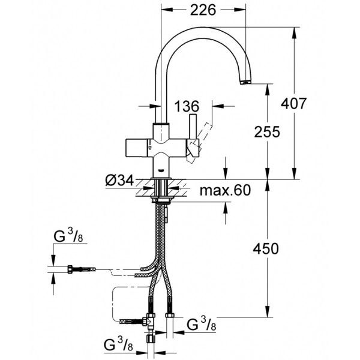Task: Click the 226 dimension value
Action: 203,10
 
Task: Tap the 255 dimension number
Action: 267,133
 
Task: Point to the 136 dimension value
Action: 186,107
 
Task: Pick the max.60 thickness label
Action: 225,191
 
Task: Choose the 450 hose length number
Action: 266,248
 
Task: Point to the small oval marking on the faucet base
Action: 160,169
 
